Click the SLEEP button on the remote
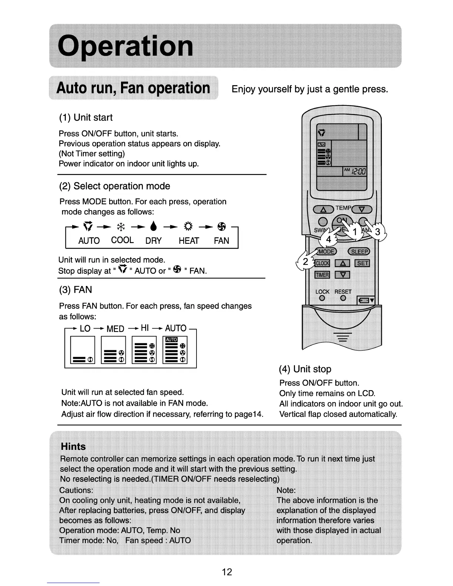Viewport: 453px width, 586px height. coord(359,252)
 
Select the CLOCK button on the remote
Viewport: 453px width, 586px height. coord(322,263)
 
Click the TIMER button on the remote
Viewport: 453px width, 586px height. coord(322,275)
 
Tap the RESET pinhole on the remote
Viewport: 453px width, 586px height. coord(343,298)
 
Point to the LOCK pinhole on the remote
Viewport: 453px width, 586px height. coord(322,298)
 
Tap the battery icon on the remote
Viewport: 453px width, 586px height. coord(365,300)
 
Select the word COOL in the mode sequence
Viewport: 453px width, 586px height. coord(123,240)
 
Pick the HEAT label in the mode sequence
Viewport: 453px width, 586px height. coord(189,241)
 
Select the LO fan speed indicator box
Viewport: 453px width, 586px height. coord(83,350)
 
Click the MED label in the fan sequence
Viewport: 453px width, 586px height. coord(115,329)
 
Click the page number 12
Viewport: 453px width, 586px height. coord(226,572)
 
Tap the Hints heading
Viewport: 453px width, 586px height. coord(73,447)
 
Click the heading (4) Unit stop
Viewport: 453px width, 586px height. coord(305,369)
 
